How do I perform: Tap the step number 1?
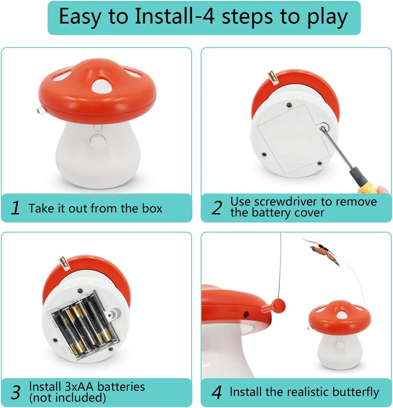[x=16, y=208]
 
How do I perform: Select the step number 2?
[x=217, y=208]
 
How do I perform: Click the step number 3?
[x=16, y=392]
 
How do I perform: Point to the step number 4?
[x=217, y=392]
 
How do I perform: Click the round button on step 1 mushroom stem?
[x=98, y=142]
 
